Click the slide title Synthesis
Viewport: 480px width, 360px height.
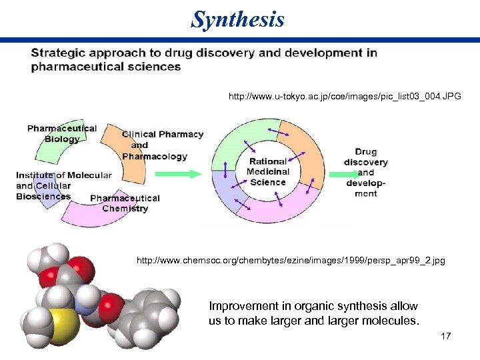[237, 19]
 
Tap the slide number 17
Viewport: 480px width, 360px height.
[446, 336]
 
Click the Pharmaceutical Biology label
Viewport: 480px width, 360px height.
[61, 133]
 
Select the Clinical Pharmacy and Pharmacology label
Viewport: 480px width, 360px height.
[161, 145]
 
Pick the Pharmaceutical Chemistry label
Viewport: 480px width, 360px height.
[125, 203]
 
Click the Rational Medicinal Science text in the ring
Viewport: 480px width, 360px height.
[267, 171]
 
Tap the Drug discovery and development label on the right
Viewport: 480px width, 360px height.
[365, 172]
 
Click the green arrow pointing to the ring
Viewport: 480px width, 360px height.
[178, 173]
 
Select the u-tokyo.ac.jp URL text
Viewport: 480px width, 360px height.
[345, 97]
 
